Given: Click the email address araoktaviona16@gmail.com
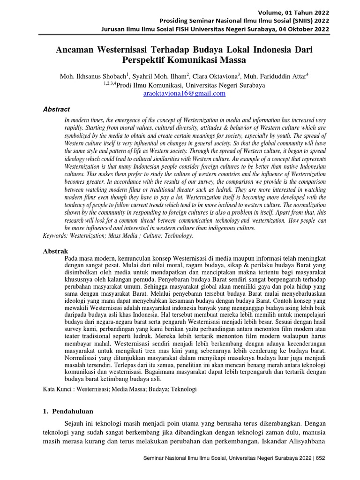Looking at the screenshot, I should (184, 93).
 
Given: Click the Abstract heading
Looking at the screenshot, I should (56, 109).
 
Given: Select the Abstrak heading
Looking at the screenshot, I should (55, 251).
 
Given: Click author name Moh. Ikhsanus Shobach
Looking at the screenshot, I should (89, 76).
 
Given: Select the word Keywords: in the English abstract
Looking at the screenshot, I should (57, 236).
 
